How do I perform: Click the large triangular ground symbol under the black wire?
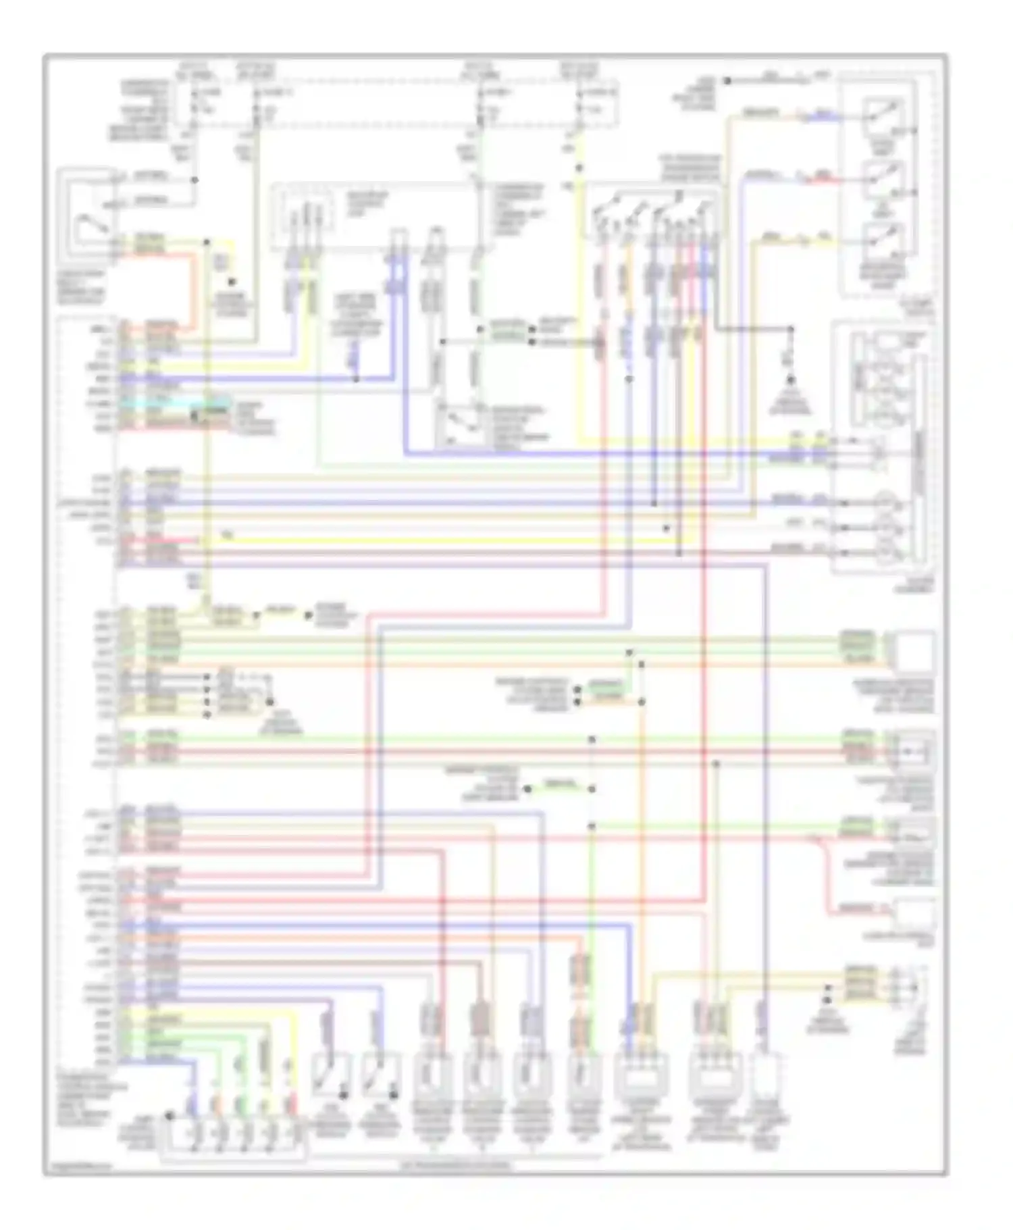tap(789, 385)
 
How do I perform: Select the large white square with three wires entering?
tap(914, 651)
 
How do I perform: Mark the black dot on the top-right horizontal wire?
tap(727, 81)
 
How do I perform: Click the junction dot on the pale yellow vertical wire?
tap(207, 241)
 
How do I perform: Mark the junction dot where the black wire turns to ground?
tap(790, 330)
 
